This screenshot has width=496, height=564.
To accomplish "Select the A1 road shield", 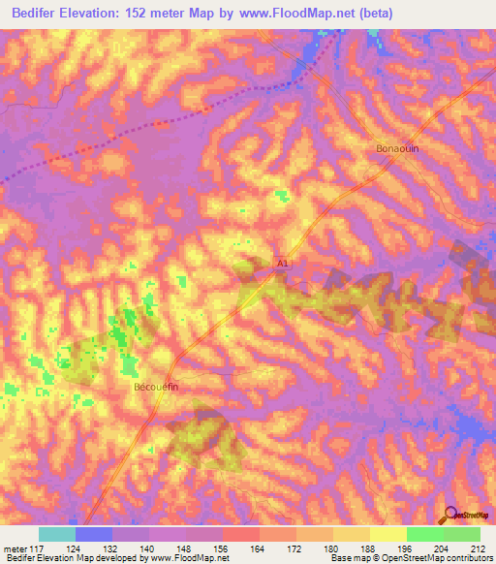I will coord(282,263).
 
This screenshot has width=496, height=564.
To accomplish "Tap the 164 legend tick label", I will coord(259,548).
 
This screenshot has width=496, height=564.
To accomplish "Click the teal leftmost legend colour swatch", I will coord(56,534).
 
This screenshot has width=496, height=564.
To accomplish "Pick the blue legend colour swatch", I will coord(93,534).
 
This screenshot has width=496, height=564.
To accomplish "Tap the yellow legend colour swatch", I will coord(387,534).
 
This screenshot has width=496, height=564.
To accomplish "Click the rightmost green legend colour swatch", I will coord(461,534).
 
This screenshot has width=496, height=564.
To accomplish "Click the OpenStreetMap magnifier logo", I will coord(449,515).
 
